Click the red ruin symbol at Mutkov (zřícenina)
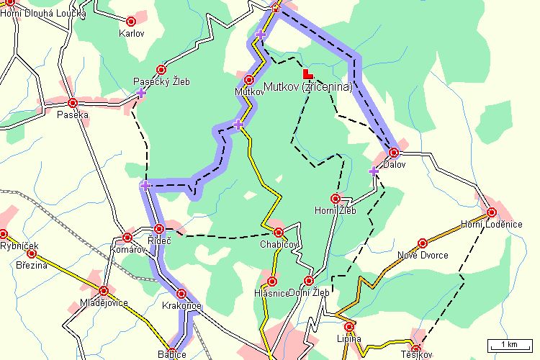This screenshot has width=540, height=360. coord(307,73)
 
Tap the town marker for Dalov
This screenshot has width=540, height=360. coord(394,153)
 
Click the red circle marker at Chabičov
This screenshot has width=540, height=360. coord(279,232)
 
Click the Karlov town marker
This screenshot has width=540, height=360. coord(130,22)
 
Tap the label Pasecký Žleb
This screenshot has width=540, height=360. coord(163,82)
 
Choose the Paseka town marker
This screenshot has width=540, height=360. coord(73,103)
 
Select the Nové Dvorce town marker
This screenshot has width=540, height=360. coord(423,243)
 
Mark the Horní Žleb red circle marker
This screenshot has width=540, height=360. coord(335,198)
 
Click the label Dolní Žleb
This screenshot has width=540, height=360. coord(308,292)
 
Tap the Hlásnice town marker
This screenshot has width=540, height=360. coord(271,282)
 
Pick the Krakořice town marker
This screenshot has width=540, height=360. coord(181,294)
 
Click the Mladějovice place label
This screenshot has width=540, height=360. coord(104,302)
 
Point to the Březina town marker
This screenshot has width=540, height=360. coord(32,253)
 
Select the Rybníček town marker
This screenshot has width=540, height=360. coord(3,234)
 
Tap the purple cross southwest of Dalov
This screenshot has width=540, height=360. coord(373,171)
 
